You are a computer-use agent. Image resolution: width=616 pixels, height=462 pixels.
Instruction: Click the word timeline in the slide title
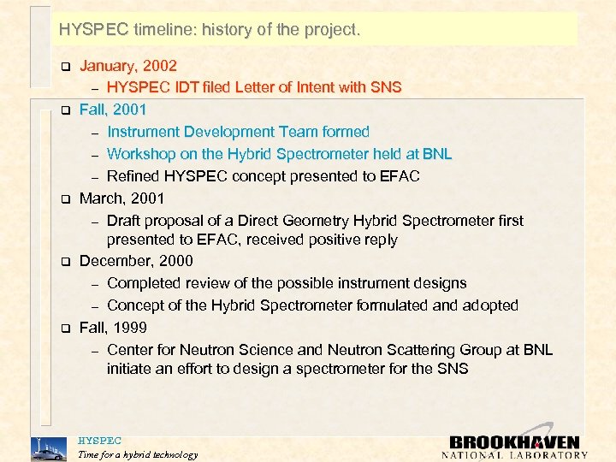[x=165, y=30]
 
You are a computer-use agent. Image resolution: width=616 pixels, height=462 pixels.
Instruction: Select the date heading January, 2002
[x=128, y=65]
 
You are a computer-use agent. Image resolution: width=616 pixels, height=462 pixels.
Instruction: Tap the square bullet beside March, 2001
[x=62, y=199]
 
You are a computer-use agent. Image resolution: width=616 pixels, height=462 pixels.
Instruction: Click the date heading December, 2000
[x=136, y=261]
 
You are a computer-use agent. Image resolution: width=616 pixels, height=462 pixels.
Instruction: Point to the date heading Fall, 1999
[x=113, y=328]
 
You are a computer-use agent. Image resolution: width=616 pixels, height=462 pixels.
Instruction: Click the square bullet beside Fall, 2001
[x=62, y=110]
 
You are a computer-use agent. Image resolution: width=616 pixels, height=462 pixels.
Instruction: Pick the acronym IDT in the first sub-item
[x=191, y=87]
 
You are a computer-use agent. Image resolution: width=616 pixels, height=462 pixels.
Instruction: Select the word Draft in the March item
[x=126, y=221]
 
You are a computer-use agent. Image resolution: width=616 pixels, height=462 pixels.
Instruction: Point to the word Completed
[x=145, y=283]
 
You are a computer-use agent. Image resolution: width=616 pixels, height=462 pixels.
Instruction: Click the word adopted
[x=489, y=305]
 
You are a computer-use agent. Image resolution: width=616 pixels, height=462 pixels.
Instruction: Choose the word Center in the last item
[x=131, y=350]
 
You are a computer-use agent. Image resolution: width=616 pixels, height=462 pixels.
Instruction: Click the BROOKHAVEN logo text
[x=514, y=441]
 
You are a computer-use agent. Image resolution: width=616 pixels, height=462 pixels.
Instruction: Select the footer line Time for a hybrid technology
[x=137, y=454]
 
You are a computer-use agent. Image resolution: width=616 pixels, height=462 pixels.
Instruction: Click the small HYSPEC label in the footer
[x=99, y=441]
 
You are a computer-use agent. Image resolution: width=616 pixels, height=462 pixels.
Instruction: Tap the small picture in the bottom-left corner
[x=47, y=448]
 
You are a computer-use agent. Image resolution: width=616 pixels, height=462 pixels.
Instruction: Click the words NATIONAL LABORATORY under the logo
[x=514, y=455]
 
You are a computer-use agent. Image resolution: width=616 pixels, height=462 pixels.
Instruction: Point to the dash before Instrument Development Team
[x=96, y=133]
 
